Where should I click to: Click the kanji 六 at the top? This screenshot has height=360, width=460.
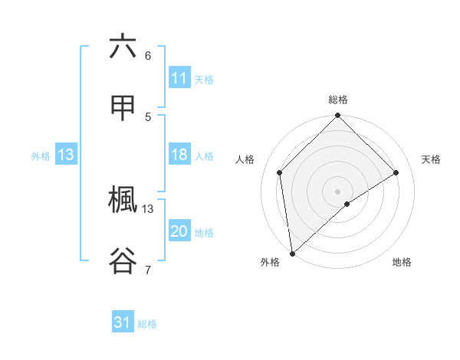click(x=123, y=47)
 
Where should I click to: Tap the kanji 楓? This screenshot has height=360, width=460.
click(x=123, y=201)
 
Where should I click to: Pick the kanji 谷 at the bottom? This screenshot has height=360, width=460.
click(x=123, y=260)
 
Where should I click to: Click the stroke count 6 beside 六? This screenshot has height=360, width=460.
click(x=148, y=55)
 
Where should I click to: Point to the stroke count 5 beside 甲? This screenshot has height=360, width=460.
click(x=148, y=116)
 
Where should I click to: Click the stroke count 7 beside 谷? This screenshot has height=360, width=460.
click(x=148, y=270)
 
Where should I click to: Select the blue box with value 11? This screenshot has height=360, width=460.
click(x=179, y=78)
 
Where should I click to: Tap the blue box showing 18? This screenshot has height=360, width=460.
click(x=179, y=155)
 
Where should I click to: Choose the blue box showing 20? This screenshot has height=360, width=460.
click(x=179, y=231)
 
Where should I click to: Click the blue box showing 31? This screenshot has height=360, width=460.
click(x=123, y=322)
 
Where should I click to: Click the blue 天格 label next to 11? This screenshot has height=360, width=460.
click(x=204, y=79)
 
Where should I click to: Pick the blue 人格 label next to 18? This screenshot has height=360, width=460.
click(x=204, y=155)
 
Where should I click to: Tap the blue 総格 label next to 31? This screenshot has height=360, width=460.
click(x=147, y=323)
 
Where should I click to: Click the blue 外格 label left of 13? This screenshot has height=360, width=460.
click(x=41, y=155)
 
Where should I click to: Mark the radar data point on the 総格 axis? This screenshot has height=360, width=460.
click(x=338, y=117)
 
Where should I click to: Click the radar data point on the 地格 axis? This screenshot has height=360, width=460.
click(x=347, y=204)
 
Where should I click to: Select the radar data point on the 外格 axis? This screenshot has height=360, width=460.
click(x=292, y=253)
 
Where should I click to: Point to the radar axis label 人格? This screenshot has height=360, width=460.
click(x=245, y=159)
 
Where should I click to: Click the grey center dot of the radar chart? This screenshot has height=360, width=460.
click(x=338, y=191)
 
